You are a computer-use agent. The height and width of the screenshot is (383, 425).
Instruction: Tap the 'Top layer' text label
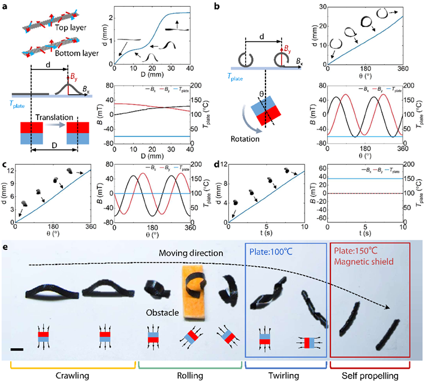[71, 28]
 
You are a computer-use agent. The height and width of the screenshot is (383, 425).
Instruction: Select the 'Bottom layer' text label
[77, 53]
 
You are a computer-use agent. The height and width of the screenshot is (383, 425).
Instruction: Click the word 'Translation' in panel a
[54, 117]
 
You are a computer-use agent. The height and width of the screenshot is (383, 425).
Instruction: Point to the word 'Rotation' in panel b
[245, 139]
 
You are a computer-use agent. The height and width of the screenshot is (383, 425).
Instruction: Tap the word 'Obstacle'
[162, 312]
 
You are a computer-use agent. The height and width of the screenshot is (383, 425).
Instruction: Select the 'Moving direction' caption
[191, 253]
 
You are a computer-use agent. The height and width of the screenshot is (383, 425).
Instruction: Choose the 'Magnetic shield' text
[364, 261]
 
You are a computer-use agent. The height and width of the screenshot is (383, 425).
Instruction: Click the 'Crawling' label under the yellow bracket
[73, 376]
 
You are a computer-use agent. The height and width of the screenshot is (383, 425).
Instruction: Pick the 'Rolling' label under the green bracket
[190, 376]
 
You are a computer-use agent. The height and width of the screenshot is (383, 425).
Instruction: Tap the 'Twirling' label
[284, 376]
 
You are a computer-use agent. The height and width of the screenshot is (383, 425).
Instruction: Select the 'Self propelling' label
[370, 376]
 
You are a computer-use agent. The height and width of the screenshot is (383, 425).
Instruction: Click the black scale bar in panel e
[17, 349]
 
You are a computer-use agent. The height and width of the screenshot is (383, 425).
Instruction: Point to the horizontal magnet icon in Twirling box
[309, 343]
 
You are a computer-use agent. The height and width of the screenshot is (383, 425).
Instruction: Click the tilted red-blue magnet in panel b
[266, 110]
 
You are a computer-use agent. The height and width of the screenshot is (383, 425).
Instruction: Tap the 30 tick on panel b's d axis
[323, 7]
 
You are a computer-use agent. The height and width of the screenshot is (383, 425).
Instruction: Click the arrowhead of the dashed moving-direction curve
[388, 307]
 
